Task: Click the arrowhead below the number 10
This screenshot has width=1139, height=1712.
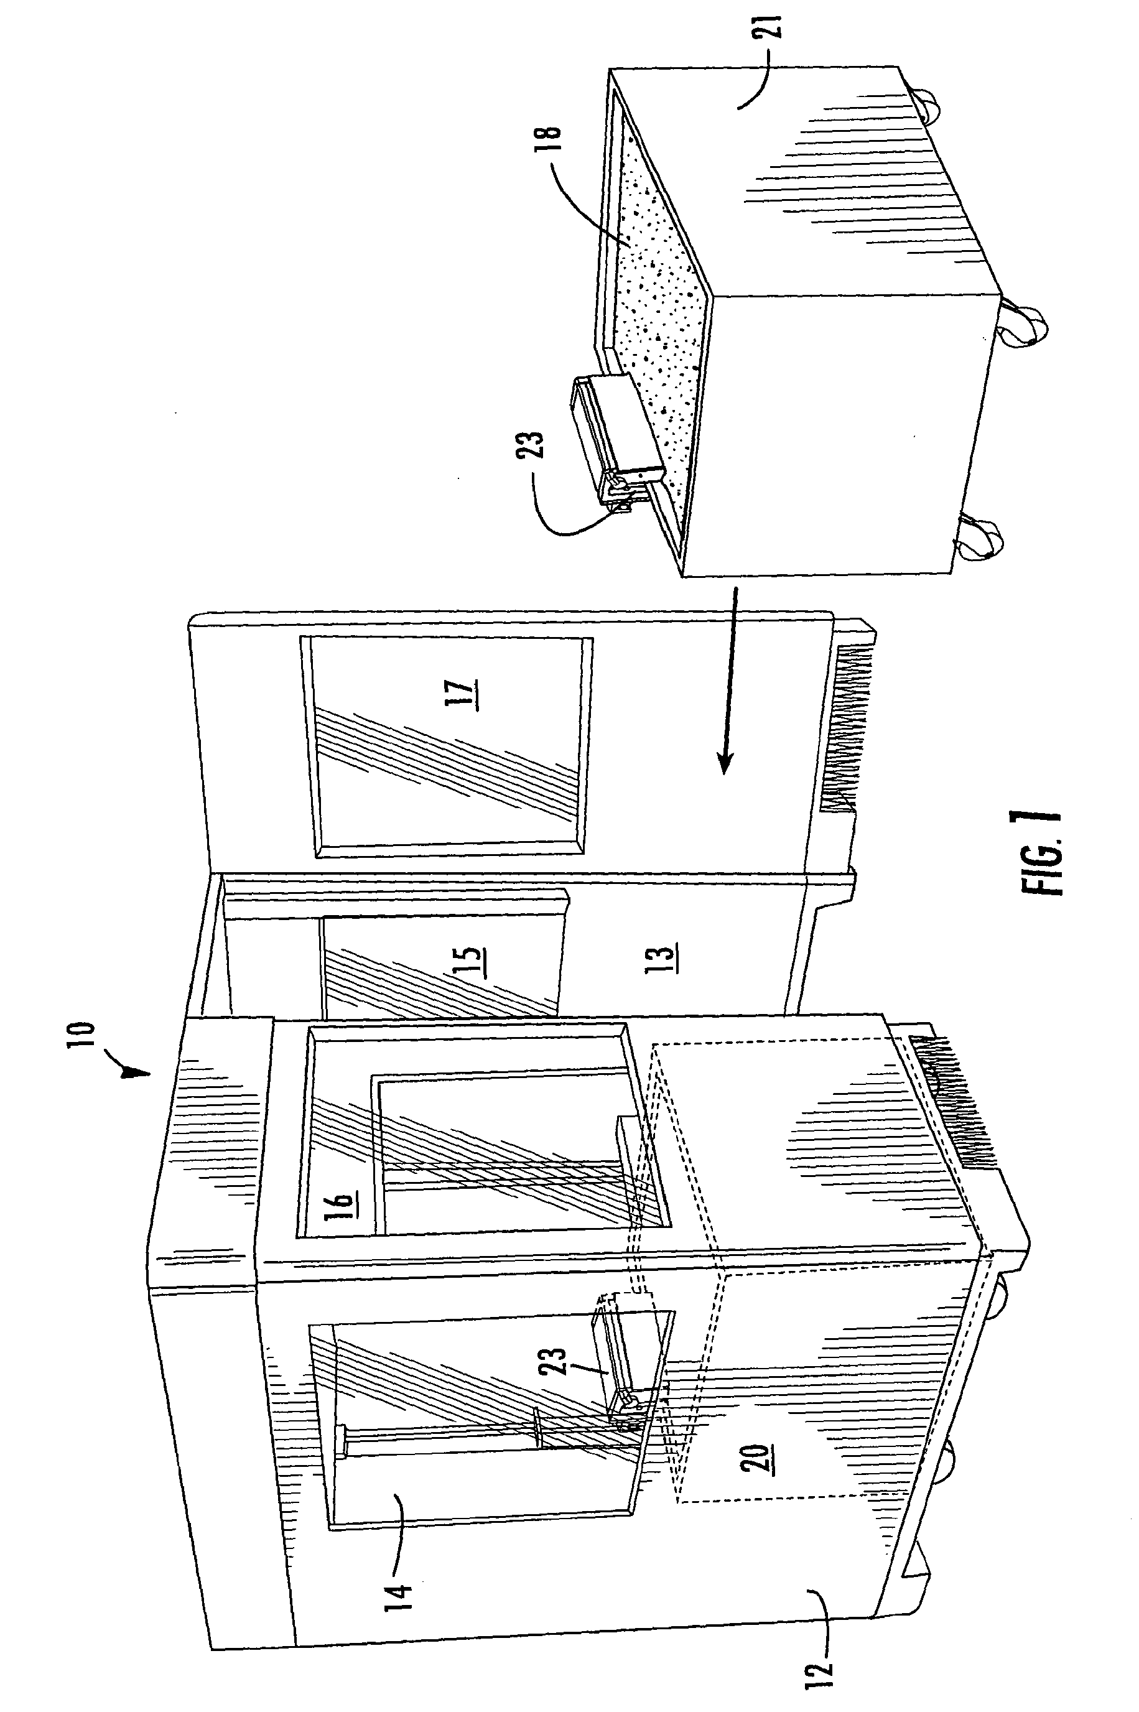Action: [x=136, y=1069]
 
